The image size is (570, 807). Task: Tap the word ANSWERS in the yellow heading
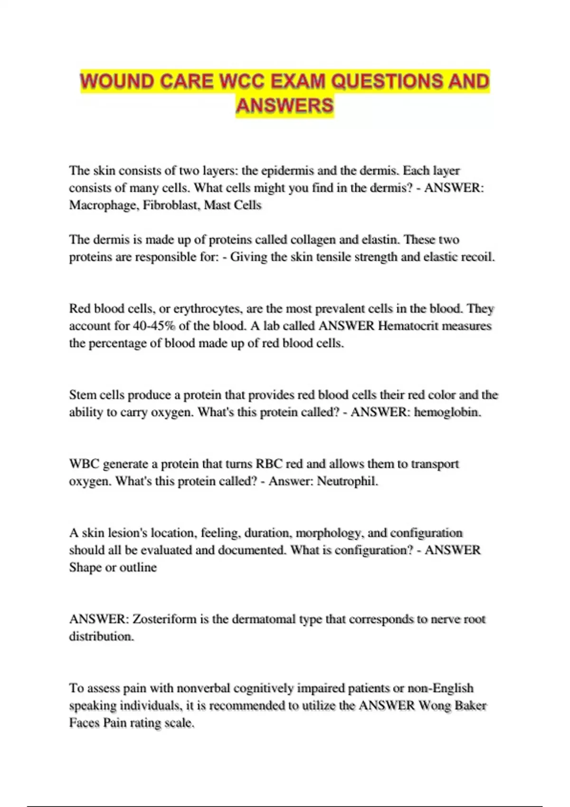point(285,105)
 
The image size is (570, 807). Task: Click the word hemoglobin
point(447,412)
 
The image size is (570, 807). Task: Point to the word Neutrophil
point(347,481)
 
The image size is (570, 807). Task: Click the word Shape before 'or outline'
point(85,568)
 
